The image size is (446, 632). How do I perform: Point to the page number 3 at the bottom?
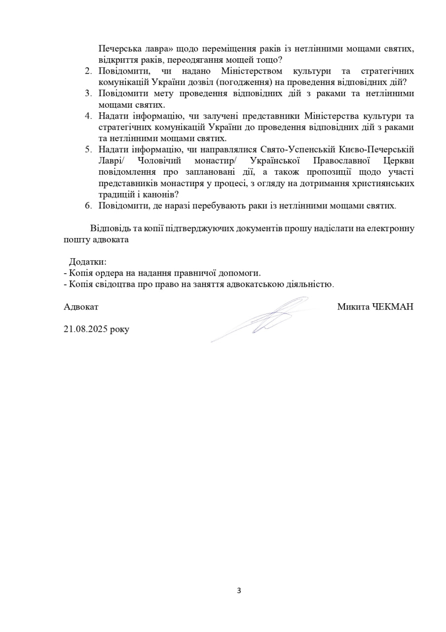(x=239, y=590)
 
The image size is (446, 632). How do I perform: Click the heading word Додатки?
(x=88, y=261)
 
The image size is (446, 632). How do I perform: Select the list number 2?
(x=88, y=71)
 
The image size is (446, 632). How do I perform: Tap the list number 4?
(x=88, y=116)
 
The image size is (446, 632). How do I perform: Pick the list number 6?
(x=88, y=206)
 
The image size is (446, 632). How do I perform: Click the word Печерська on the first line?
(x=119, y=48)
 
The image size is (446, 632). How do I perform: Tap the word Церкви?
(x=397, y=161)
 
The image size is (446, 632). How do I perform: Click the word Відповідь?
(x=110, y=228)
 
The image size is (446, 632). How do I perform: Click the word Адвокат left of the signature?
(x=81, y=307)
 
